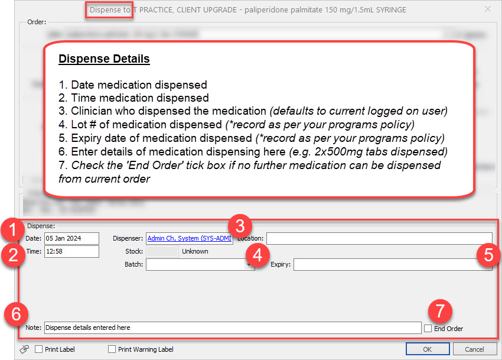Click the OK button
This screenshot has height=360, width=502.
pos(428,349)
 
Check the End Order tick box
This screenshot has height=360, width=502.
pos(428,328)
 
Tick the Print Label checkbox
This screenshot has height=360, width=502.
pos(39,349)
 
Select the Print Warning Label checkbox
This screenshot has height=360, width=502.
pos(112,349)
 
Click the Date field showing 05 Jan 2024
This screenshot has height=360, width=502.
pos(71,238)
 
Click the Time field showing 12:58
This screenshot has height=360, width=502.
pos(71,251)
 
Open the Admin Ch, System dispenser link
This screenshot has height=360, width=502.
pos(189,238)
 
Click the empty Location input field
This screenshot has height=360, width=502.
pos(379,238)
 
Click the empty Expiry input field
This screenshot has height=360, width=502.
pos(393,264)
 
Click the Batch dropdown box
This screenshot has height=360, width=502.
pos(200,264)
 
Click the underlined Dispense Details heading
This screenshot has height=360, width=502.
pos(103,59)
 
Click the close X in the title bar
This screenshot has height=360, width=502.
pos(487,9)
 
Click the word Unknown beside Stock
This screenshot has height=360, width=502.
pos(195,251)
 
